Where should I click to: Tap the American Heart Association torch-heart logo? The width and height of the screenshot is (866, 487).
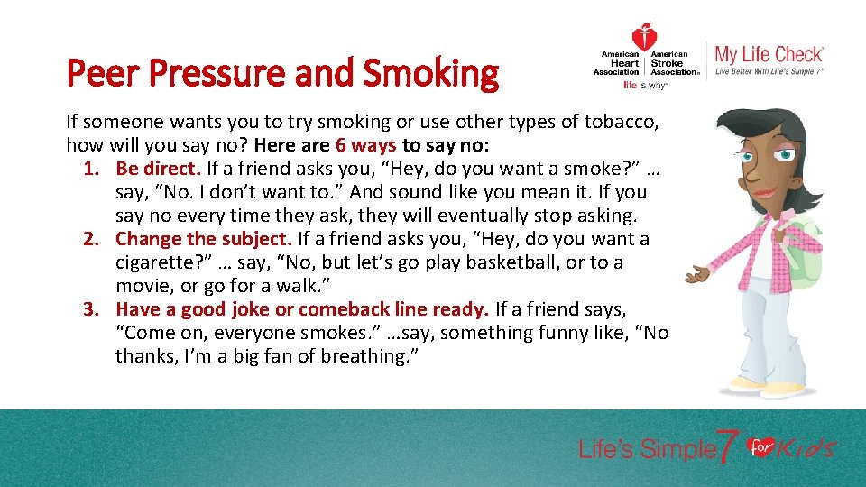coord(644,39)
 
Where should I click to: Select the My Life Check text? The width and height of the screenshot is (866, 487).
coord(769,54)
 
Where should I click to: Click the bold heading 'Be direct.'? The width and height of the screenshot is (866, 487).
coord(159,169)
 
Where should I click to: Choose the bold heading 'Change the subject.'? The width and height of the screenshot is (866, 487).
coord(204,239)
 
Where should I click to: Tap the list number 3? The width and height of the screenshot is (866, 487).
coord(91,309)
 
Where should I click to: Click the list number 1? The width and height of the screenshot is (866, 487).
coord(91,169)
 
